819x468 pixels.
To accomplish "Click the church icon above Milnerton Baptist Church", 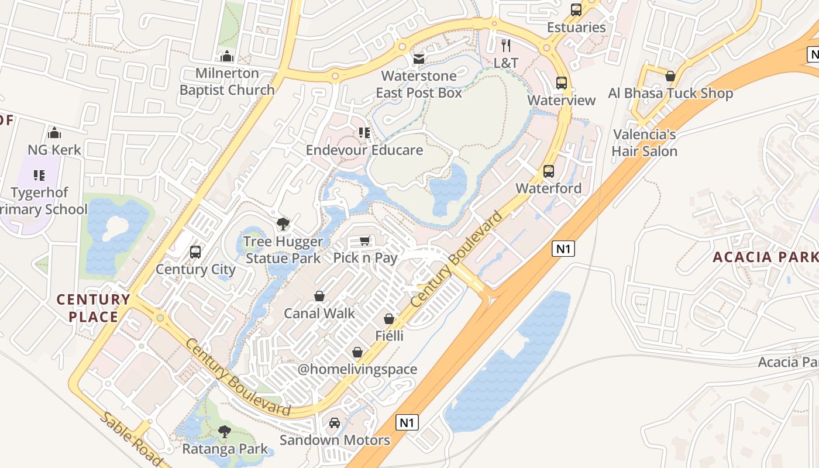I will click(x=227, y=57).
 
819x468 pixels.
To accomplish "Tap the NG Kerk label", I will click(x=54, y=150).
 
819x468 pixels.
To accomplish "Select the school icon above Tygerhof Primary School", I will click(x=39, y=175).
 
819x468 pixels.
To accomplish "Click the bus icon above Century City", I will click(x=195, y=252).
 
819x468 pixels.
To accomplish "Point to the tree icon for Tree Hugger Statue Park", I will click(x=283, y=224).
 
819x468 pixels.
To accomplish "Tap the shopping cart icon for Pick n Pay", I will click(x=365, y=241).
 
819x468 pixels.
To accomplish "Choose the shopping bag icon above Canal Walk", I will click(x=319, y=296).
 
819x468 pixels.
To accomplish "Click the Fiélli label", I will click(x=389, y=336).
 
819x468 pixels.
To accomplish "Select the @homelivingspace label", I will click(x=357, y=370).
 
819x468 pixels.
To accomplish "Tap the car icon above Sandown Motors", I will click(x=335, y=423).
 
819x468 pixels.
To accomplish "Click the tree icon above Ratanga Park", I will click(x=224, y=432).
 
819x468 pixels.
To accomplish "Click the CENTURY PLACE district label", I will click(x=94, y=308).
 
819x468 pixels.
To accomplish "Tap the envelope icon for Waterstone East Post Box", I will click(x=419, y=59).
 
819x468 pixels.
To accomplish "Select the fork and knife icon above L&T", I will click(x=506, y=45).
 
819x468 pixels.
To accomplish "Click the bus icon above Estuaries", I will click(x=576, y=10).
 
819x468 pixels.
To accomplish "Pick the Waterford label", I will click(x=548, y=188).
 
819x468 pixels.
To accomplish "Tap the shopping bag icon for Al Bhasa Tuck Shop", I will click(x=670, y=76).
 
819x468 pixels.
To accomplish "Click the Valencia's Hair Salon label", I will click(x=645, y=143).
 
